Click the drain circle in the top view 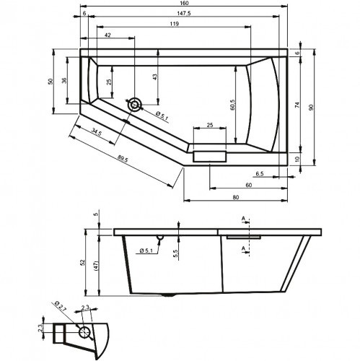click(x=135, y=105)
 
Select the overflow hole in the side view click(x=159, y=239)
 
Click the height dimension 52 click(x=83, y=261)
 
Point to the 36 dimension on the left click(x=63, y=80)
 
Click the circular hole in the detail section click(x=84, y=333)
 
